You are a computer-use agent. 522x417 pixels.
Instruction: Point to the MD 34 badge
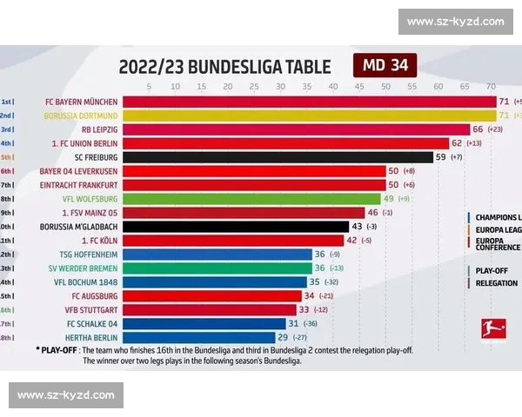point(385,66)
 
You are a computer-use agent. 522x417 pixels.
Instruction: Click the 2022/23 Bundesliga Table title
point(224,67)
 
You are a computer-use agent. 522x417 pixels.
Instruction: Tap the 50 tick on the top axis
point(385,86)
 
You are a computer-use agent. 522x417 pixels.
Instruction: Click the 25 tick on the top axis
point(254,86)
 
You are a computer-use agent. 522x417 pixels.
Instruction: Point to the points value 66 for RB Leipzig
point(478,129)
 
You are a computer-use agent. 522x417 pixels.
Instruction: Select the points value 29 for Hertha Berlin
point(283,337)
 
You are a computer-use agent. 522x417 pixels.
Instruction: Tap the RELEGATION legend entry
point(496,283)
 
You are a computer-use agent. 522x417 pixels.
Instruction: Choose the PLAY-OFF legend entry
point(492,270)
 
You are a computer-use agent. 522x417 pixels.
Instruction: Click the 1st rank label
point(7,102)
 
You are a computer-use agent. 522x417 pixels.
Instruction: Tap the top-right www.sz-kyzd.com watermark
point(455,22)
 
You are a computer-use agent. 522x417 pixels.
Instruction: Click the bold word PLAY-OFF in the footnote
point(58,350)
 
